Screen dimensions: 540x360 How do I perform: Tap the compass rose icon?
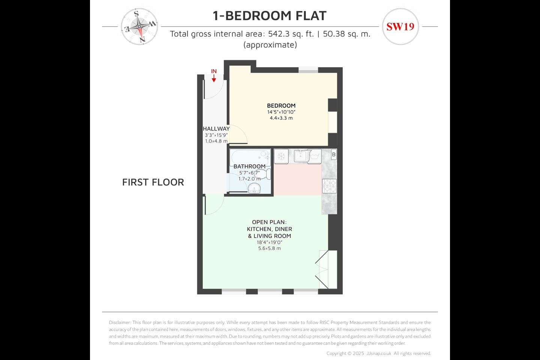pyautogui.click(x=139, y=27)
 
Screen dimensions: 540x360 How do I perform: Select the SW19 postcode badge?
pyautogui.click(x=400, y=27)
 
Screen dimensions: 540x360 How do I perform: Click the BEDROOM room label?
pyautogui.click(x=281, y=106)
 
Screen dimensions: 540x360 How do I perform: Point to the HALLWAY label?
pyautogui.click(x=216, y=129)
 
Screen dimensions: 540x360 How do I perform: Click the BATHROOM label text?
pyautogui.click(x=249, y=166)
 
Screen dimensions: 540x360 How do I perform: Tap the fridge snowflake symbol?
pyautogui.click(x=281, y=156)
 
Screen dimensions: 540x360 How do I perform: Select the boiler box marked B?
pyautogui.click(x=334, y=154)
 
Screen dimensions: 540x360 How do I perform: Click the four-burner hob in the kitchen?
pyautogui.click(x=329, y=186)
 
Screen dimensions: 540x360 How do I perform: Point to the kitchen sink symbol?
pyautogui.click(x=300, y=156)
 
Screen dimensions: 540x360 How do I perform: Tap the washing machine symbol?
pyautogui.click(x=315, y=156)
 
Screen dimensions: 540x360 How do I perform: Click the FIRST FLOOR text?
pyautogui.click(x=153, y=182)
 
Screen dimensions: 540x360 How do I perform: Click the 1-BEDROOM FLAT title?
pyautogui.click(x=270, y=15)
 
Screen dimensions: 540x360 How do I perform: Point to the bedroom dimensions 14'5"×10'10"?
pyautogui.click(x=281, y=112)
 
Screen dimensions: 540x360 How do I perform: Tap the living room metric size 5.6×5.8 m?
pyautogui.click(x=270, y=248)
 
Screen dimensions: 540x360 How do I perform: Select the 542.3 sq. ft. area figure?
pyautogui.click(x=291, y=34)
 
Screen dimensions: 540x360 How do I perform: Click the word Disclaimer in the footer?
pyautogui.click(x=120, y=322)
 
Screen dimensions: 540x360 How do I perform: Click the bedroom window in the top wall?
pyautogui.click(x=308, y=70)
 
